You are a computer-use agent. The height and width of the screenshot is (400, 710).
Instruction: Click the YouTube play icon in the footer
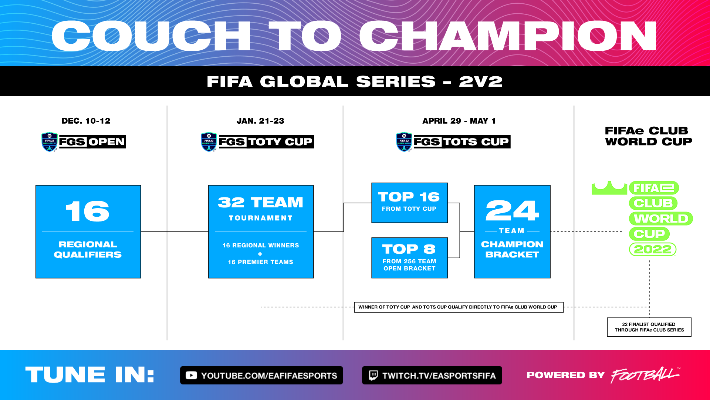[x=191, y=375]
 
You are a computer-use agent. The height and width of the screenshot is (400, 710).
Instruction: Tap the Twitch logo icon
[x=373, y=375]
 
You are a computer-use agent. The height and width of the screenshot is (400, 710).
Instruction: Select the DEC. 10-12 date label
[x=86, y=121]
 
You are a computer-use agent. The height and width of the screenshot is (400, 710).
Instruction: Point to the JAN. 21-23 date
[x=260, y=121]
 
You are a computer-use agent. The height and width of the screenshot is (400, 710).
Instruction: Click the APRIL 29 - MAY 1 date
[x=459, y=121]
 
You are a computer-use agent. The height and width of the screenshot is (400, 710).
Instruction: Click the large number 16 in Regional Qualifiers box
[x=88, y=211]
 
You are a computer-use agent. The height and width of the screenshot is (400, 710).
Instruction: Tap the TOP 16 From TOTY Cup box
[x=409, y=203]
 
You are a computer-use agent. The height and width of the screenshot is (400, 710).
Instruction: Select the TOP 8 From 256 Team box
[x=409, y=258]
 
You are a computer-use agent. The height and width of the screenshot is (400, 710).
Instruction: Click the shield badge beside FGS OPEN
[x=50, y=142]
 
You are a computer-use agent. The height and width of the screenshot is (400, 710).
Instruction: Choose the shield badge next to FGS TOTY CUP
[x=209, y=142]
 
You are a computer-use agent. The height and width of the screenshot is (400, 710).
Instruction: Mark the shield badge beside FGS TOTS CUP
[x=404, y=142]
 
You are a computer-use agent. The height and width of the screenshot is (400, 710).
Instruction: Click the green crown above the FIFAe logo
[x=609, y=188]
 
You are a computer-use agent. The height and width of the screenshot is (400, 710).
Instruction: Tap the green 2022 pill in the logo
[x=653, y=249]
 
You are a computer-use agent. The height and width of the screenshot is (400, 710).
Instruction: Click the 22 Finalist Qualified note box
[x=649, y=327]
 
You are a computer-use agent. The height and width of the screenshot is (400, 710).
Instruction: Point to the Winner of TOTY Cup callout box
[x=459, y=307]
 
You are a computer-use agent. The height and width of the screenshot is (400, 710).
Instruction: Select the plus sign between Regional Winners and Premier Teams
[x=260, y=254]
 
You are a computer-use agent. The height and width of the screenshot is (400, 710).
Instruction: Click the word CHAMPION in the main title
[x=508, y=36]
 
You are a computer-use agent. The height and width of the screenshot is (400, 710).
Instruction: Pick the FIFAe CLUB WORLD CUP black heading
[x=648, y=136]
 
